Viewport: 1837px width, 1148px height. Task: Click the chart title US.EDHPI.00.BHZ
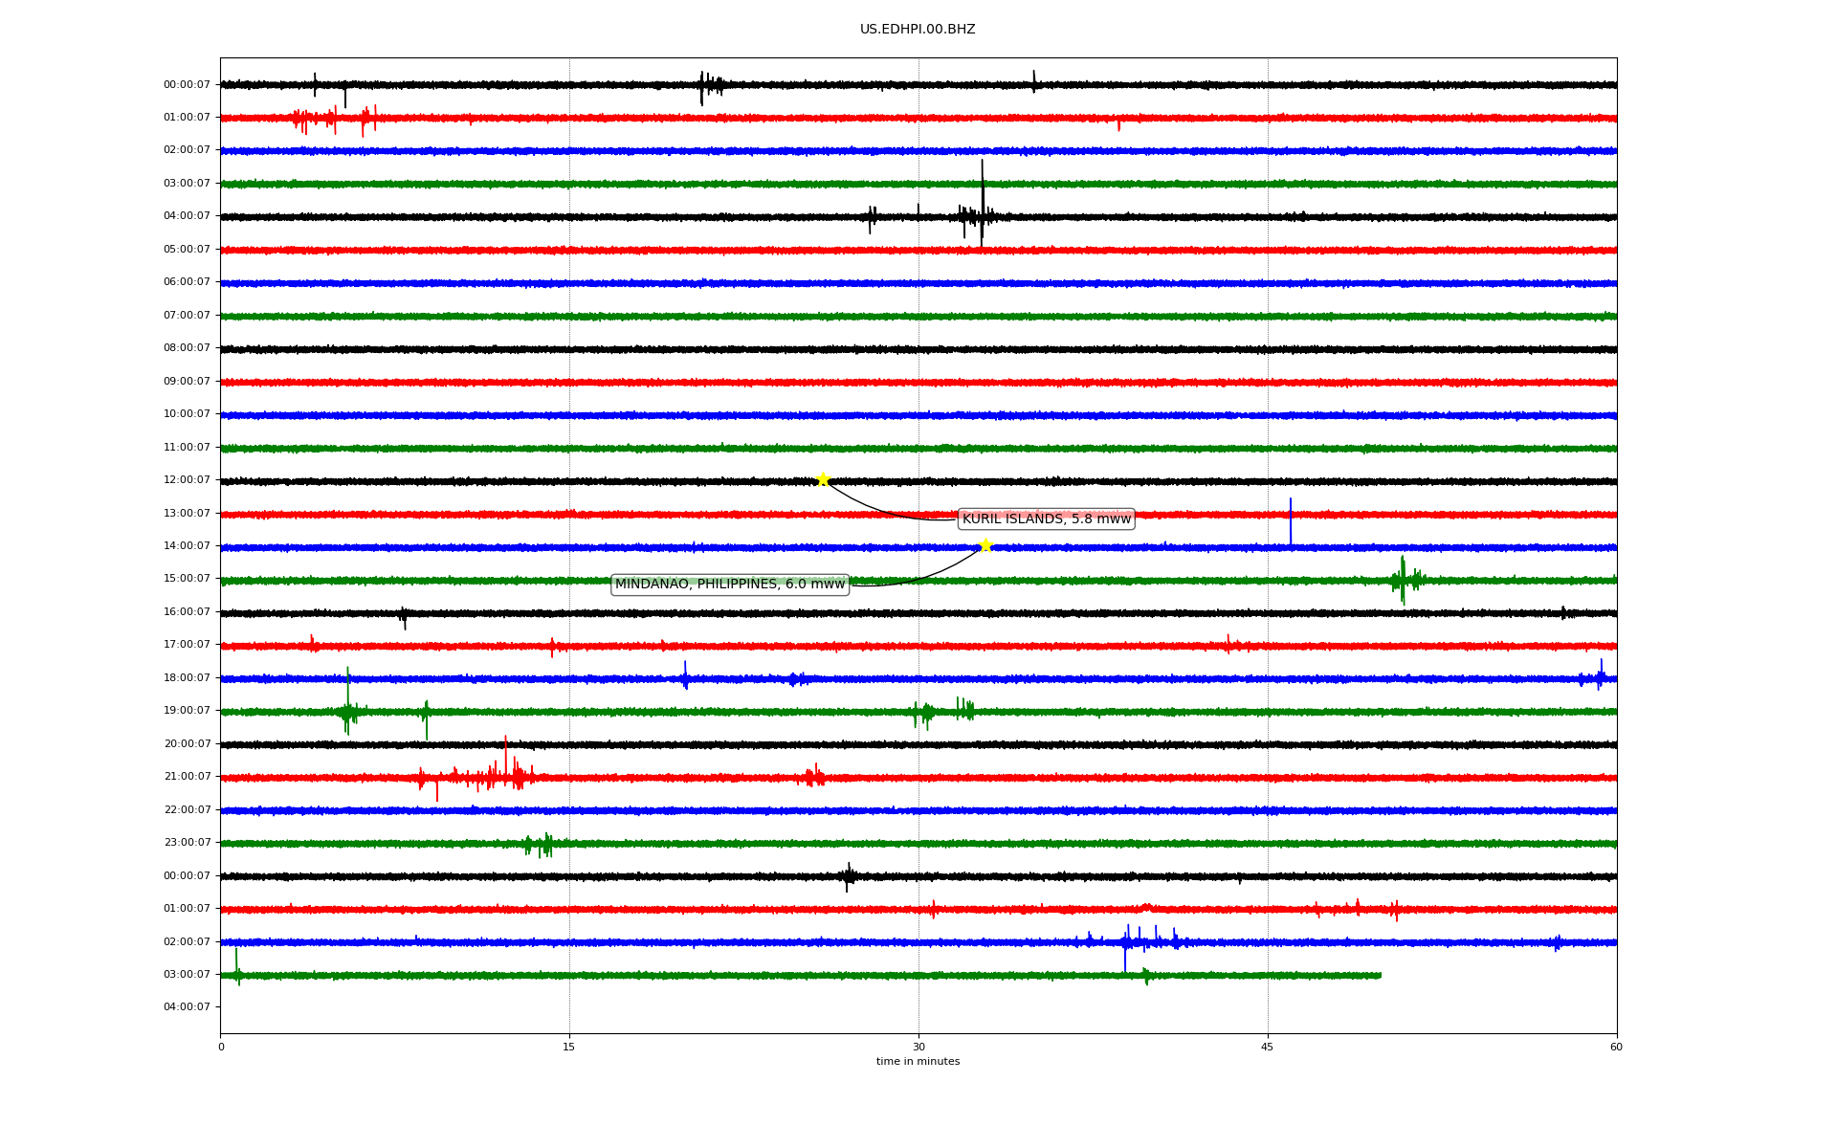point(918,30)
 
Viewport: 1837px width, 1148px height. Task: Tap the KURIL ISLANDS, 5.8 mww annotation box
point(1046,519)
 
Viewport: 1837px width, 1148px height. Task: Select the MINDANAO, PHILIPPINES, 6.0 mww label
point(730,584)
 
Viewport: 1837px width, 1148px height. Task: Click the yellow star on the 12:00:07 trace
point(823,479)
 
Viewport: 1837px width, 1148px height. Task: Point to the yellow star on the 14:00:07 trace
point(985,545)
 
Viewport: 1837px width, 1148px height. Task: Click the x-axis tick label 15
point(569,1047)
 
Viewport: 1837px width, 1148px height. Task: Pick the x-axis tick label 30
point(918,1047)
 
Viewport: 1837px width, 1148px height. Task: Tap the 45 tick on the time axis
point(1268,1047)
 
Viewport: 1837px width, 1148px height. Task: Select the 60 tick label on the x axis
point(1616,1047)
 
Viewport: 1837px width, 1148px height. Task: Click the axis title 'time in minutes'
point(918,1061)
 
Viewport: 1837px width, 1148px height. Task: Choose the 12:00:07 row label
point(187,480)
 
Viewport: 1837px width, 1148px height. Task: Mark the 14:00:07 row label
point(187,546)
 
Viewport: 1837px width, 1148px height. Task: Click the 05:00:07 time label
point(187,250)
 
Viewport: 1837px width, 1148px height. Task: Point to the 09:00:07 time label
point(187,382)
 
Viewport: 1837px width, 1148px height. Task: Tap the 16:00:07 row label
point(187,612)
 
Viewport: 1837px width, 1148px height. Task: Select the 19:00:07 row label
point(187,711)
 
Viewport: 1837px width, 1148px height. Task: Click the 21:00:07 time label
point(187,777)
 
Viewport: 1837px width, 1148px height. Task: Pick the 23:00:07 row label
point(187,843)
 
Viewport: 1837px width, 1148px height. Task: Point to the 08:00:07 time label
point(187,348)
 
